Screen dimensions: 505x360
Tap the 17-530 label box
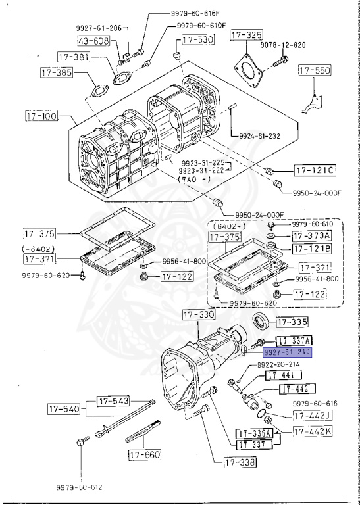(x=196, y=41)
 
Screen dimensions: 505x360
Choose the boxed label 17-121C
(x=315, y=171)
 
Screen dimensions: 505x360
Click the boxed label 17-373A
(x=312, y=235)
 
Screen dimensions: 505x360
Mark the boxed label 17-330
(x=198, y=316)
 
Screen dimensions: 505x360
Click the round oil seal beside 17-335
(x=262, y=323)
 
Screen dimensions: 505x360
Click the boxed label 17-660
(x=144, y=454)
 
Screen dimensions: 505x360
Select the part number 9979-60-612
(x=80, y=487)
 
